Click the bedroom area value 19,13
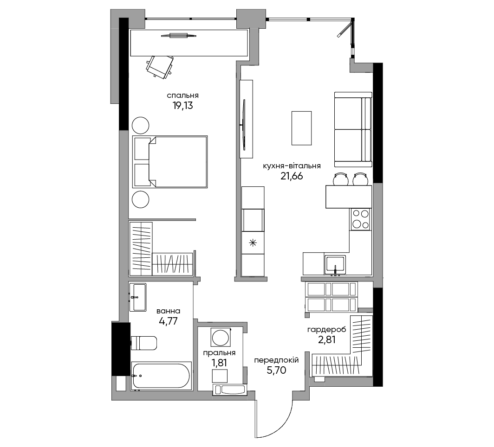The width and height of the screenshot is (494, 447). coord(183,106)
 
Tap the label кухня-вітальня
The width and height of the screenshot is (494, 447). coord(292,166)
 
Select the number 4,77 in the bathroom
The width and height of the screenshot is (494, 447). coord(168,321)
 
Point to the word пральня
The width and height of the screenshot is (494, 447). coord(219,353)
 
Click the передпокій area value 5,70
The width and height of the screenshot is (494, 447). coord(276,370)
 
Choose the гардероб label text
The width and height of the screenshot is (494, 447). coord(327,330)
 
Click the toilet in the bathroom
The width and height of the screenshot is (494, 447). coord(143,343)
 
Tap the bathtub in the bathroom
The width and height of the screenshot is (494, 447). coord(161,376)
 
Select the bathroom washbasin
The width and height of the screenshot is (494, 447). coord(138,297)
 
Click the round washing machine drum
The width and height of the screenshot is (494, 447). coord(221,338)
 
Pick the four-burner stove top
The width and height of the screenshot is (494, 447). coord(361,219)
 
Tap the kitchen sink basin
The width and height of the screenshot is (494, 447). coord(336,264)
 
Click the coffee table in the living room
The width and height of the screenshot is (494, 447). coord(301,128)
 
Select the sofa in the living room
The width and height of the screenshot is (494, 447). coord(353,129)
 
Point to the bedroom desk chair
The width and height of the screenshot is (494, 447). coord(160,67)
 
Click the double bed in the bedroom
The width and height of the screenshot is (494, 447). coord(170,162)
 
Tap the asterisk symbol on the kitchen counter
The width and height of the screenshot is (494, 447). coord(253,243)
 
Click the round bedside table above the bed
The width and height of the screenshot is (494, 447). coord(140,126)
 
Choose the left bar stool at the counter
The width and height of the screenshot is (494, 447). coord(341,179)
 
